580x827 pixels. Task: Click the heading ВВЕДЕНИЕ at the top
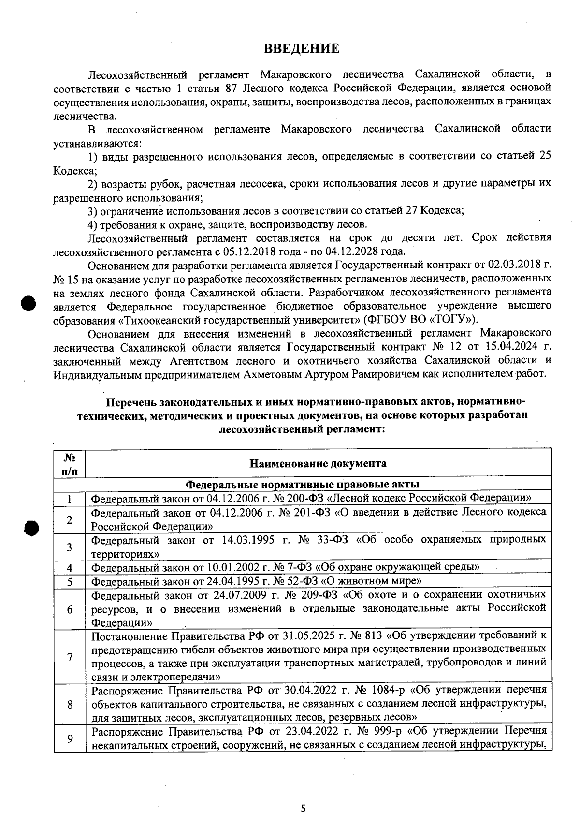pyautogui.click(x=301, y=48)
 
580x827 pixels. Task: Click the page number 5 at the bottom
pyautogui.click(x=303, y=808)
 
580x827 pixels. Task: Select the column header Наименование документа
pyautogui.click(x=318, y=463)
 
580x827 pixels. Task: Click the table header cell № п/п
pyautogui.click(x=70, y=463)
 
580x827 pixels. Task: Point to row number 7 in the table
pyautogui.click(x=70, y=657)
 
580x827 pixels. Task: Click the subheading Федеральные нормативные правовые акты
pyautogui.click(x=303, y=484)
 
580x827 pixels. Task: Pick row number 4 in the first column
pyautogui.click(x=70, y=568)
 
